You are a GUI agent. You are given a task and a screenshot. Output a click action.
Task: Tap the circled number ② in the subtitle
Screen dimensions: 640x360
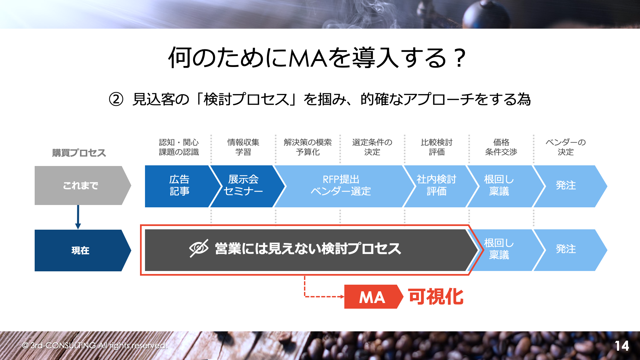tap(116, 99)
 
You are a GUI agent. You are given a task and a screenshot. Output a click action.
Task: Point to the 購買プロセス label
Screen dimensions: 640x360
tap(79, 153)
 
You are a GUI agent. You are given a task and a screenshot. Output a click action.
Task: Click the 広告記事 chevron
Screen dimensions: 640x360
tap(180, 186)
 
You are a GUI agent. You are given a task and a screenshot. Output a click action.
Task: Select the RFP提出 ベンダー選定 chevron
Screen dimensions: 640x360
tap(342, 186)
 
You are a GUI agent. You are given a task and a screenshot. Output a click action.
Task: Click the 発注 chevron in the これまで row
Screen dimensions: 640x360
tap(568, 186)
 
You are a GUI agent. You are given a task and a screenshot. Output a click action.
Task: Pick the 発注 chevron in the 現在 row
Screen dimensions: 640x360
tap(568, 250)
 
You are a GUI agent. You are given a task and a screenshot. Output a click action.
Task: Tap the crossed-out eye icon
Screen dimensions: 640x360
tap(199, 248)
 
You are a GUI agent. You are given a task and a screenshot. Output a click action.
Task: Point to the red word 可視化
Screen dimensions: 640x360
tap(436, 297)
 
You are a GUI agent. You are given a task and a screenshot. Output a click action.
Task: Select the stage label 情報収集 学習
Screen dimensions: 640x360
tap(243, 147)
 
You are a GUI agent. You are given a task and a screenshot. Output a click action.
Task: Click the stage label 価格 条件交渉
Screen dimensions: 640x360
tap(501, 147)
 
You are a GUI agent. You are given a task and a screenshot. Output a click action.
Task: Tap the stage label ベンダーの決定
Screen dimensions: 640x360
tap(566, 147)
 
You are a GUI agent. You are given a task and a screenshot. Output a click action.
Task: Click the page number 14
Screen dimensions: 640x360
tap(622, 346)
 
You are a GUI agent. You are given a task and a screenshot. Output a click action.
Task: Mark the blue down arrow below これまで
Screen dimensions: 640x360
tap(78, 217)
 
